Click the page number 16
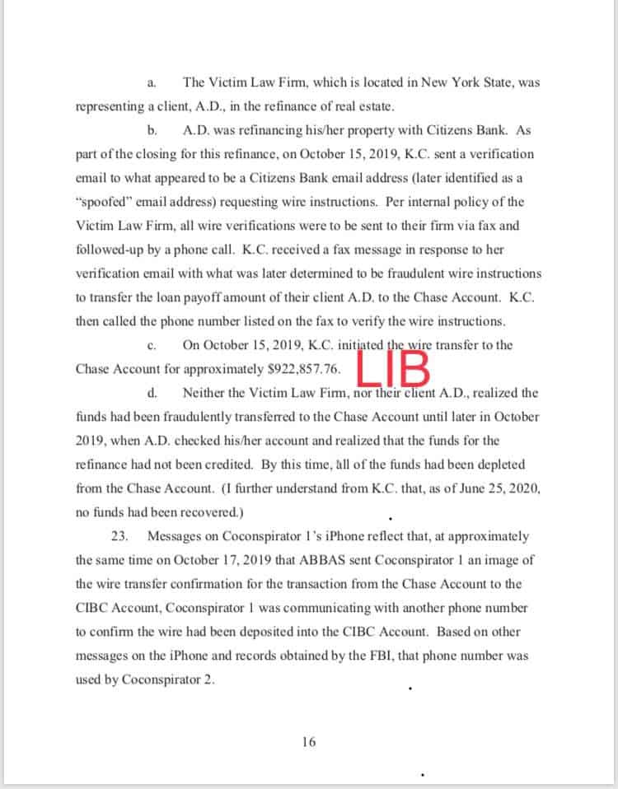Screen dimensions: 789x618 (x=308, y=742)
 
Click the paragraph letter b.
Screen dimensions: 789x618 (x=151, y=131)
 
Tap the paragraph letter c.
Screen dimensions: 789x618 (x=151, y=346)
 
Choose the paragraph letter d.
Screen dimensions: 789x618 (x=151, y=394)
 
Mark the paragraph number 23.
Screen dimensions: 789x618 (x=119, y=536)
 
